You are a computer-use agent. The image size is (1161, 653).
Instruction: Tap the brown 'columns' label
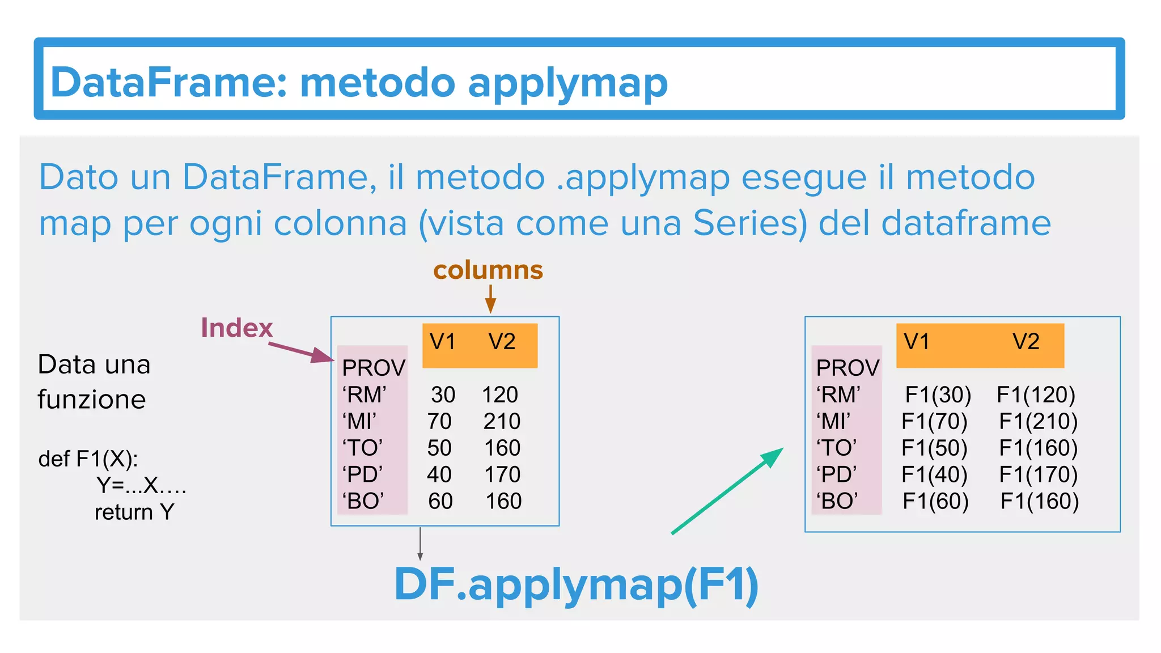(x=488, y=270)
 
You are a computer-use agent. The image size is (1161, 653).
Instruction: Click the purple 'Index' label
(x=237, y=328)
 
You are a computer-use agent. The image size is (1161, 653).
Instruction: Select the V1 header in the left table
(x=443, y=342)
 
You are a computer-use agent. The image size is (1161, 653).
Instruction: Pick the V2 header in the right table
(x=1026, y=342)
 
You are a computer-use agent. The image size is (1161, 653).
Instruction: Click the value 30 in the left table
(x=443, y=395)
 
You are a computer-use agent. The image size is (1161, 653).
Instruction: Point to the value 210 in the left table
(x=502, y=421)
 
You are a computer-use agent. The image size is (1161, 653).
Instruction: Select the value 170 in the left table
(x=502, y=474)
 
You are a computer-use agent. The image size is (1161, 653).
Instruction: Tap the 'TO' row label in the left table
(x=363, y=448)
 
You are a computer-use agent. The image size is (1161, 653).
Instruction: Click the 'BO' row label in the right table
(x=837, y=501)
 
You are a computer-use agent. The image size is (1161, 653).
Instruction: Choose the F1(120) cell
(x=1036, y=395)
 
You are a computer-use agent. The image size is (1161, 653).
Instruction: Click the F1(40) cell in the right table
(x=934, y=474)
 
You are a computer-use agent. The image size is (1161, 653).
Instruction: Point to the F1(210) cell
(x=1038, y=421)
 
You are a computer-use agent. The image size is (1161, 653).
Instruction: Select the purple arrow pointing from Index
(x=300, y=351)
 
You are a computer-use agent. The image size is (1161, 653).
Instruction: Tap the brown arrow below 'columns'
(x=491, y=299)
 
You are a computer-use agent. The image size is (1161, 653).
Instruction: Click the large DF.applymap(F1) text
(x=576, y=585)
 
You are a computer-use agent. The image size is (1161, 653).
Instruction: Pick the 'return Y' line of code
(x=134, y=512)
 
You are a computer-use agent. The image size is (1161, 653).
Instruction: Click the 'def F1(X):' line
(x=88, y=459)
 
